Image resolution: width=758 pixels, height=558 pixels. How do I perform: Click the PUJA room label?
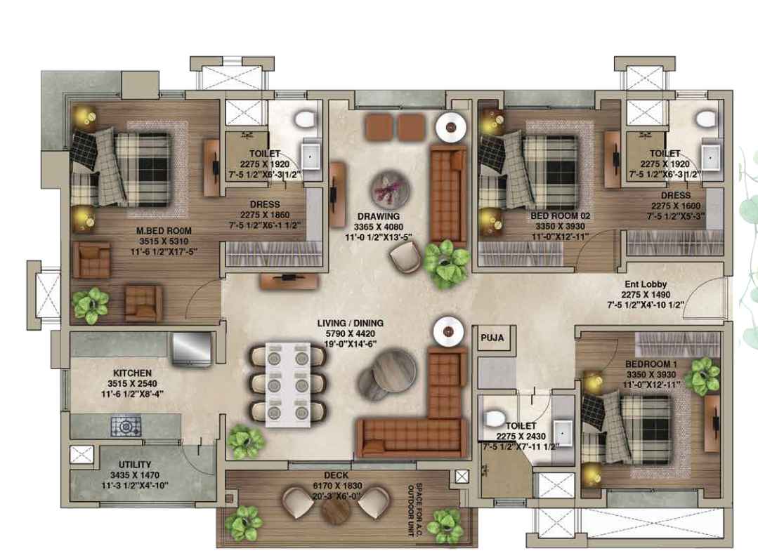pos(492,338)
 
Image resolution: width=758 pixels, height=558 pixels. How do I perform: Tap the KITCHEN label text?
pos(133,373)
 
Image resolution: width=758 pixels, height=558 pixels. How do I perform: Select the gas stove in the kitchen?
pos(126,426)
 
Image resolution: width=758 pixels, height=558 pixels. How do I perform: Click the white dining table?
pos(288,385)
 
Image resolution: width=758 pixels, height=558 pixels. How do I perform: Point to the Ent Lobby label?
pos(646,284)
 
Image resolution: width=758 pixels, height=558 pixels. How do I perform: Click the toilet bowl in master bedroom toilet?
pos(305,119)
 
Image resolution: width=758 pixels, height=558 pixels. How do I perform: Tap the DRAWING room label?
pos(379,216)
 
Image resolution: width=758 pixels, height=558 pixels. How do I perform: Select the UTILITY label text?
pos(135,464)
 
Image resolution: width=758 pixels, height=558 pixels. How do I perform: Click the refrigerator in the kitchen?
pos(192,348)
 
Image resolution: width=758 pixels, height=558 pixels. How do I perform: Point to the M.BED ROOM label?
pos(164,231)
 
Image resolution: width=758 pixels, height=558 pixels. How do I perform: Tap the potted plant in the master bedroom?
pos(91,305)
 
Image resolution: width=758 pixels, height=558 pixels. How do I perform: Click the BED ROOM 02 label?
pos(561,216)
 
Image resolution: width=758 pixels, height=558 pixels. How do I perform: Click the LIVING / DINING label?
pos(351,323)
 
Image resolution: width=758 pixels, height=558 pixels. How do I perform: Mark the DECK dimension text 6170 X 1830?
pos(337,486)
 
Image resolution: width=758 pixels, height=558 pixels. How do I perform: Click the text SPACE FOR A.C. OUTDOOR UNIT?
pos(415,510)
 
